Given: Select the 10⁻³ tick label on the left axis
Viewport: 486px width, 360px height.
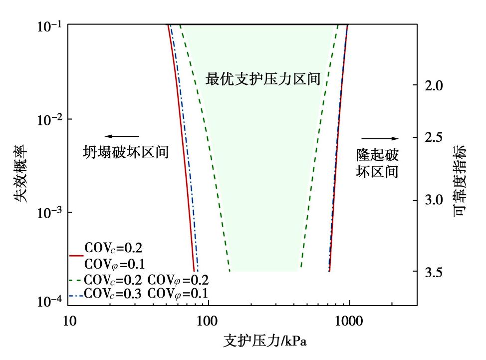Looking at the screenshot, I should (x=49, y=212).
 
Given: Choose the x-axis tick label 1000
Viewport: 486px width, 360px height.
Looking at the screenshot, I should (x=349, y=321).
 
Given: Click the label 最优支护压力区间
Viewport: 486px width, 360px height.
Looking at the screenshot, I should (x=263, y=78).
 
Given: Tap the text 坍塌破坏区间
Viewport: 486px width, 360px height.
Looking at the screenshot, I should (x=126, y=152).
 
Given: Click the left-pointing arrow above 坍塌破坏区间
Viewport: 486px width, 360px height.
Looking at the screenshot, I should (x=122, y=136).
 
